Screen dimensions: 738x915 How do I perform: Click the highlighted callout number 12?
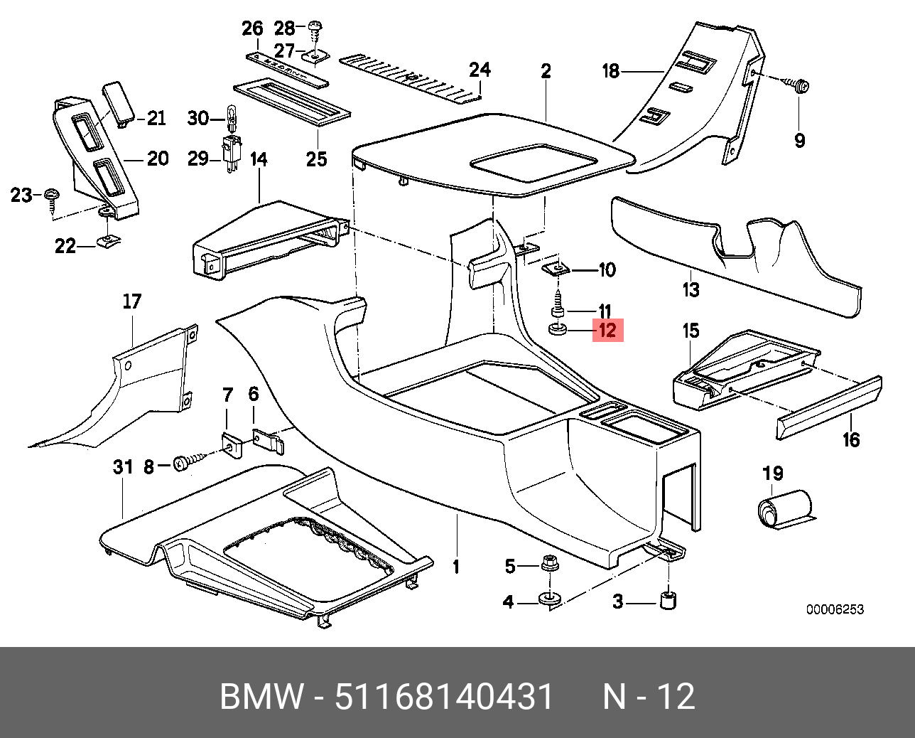(607, 331)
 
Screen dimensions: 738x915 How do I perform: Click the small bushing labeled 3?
(668, 599)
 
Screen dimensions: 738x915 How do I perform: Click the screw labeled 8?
(183, 464)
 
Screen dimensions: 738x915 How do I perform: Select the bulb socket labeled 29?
(231, 151)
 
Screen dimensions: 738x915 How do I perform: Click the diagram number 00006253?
(834, 609)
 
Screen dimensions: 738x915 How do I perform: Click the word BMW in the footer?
(261, 697)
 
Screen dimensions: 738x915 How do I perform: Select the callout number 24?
(480, 70)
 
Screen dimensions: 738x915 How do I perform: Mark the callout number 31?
(123, 467)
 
